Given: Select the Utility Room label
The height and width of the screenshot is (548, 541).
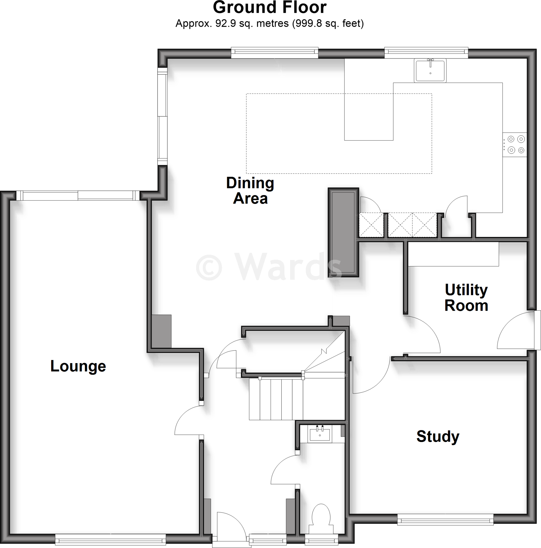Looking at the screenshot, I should pyautogui.click(x=466, y=298).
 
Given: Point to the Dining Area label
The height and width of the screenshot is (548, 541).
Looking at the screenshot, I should pyautogui.click(x=250, y=190).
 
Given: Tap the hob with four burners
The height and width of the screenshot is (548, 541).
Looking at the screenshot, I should pyautogui.click(x=515, y=145).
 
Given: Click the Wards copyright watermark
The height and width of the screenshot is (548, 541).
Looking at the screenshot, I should pyautogui.click(x=268, y=267).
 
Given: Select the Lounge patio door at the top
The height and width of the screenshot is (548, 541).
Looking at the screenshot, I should pyautogui.click(x=78, y=196).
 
